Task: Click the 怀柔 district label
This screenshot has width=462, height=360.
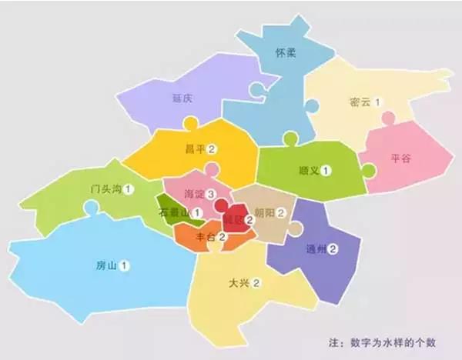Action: coord(285,53)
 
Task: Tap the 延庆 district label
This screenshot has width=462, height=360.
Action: coord(183,98)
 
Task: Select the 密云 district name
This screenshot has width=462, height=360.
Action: coord(359,102)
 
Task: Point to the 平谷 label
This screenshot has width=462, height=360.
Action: coord(401,158)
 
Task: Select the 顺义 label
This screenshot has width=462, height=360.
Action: coord(308,170)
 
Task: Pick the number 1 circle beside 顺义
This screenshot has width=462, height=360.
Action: coord(327,170)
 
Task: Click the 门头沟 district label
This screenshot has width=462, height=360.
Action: coord(105,188)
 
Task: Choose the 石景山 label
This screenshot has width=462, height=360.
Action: coord(174,212)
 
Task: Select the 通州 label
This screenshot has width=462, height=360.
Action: coord(314,248)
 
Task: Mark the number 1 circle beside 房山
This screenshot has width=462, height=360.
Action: coord(125,265)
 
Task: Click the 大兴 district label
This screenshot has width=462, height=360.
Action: coord(239,283)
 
